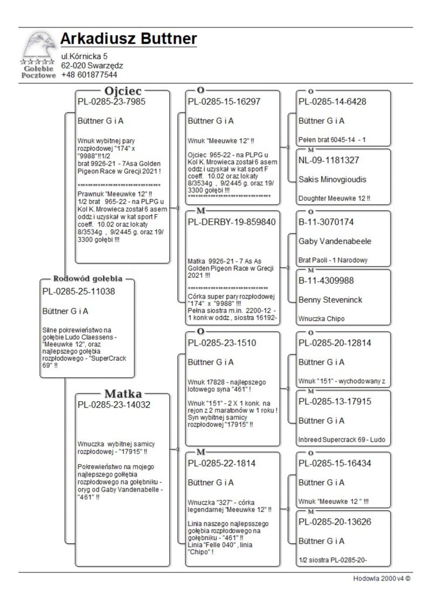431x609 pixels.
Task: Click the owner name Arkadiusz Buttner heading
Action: click(x=128, y=39)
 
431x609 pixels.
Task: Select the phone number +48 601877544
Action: click(x=89, y=75)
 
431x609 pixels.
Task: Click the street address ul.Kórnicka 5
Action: click(x=84, y=56)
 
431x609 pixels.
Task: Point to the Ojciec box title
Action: click(x=123, y=90)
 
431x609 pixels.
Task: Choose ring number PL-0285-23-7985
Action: click(x=111, y=101)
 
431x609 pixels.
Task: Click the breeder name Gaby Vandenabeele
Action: click(x=335, y=241)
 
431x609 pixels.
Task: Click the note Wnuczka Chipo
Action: click(x=322, y=319)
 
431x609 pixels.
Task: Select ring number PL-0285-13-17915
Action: click(x=335, y=401)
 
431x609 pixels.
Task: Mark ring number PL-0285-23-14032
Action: click(x=113, y=404)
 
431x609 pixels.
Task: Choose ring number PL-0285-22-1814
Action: click(x=221, y=463)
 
